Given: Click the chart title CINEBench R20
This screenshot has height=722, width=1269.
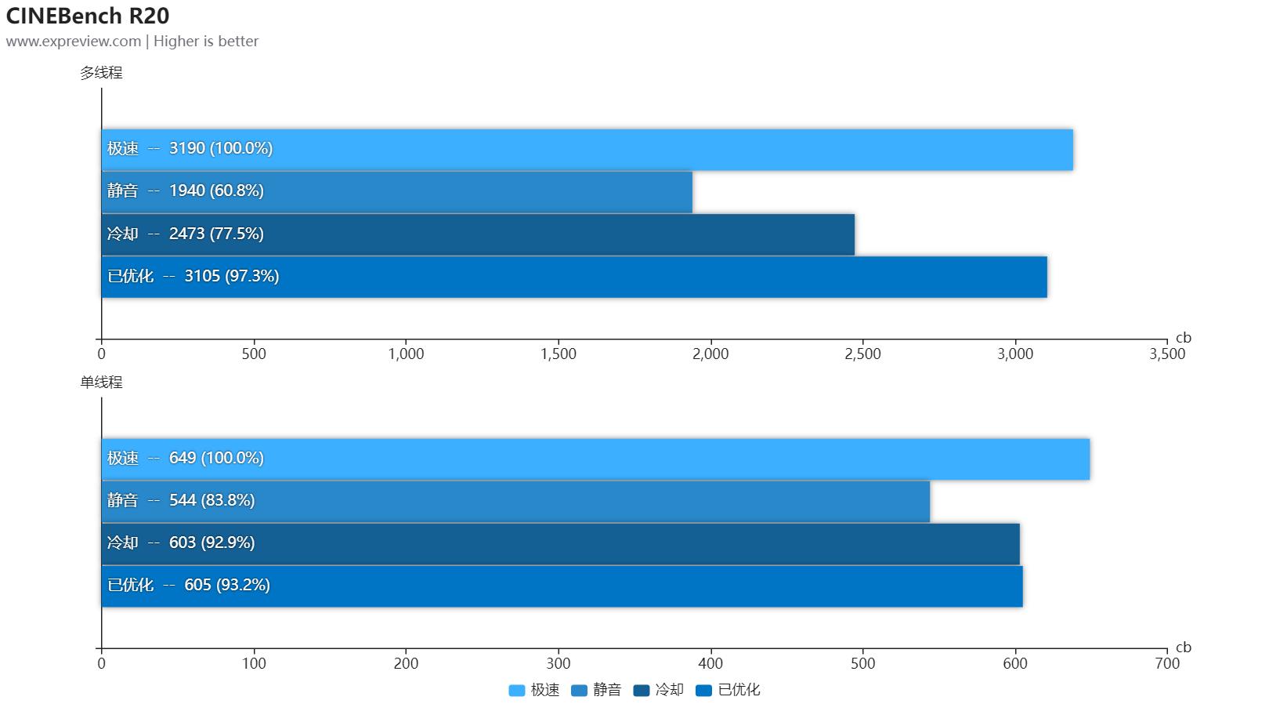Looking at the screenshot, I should coord(88,16).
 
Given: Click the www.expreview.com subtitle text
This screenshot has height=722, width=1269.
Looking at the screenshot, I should coord(74,42).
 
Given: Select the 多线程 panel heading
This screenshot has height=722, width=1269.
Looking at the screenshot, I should coord(101,73).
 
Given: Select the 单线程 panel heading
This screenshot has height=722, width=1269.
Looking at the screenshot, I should coord(101,383).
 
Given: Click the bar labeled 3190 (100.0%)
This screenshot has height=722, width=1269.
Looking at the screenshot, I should coord(587,149).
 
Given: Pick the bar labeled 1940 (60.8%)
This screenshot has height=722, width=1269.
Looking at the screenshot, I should coord(396,191).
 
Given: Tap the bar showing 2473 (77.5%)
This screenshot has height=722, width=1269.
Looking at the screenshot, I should coord(478,234).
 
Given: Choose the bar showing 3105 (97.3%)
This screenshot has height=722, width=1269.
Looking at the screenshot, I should coord(573,276).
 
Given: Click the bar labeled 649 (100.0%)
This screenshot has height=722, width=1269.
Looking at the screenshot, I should coord(595,459).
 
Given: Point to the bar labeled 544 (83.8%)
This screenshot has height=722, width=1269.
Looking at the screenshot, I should coord(515,501).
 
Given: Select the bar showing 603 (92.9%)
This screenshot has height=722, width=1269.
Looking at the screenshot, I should coord(560,543).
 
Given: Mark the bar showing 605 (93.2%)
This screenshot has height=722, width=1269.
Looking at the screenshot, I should coord(562,586).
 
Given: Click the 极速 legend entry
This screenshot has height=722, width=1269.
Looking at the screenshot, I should coord(534,691).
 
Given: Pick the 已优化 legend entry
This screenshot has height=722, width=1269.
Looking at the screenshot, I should coord(728,691).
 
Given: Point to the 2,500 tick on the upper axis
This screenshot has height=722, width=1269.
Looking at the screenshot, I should coord(863,354).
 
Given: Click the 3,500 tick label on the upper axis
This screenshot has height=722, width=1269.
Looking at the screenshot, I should coord(1167,354).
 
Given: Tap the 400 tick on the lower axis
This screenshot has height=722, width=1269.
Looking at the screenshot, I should coord(710,664).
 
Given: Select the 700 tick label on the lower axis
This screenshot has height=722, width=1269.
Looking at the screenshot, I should coord(1167,664).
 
